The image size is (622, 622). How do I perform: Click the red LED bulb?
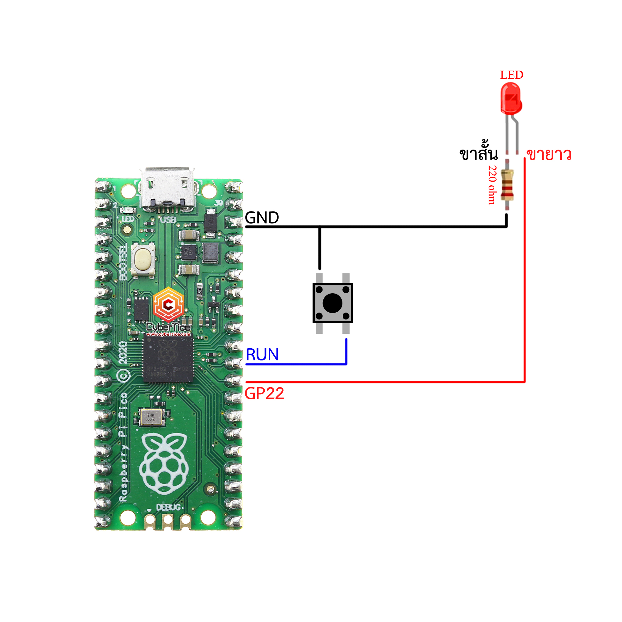coord(511,98)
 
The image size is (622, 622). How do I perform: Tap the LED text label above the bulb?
coord(512,75)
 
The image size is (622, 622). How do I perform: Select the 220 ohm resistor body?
coord(507,185)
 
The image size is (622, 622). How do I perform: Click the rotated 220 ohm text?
coord(492,185)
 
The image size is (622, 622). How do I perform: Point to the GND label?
coord(262,218)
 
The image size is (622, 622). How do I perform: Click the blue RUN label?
coord(262,355)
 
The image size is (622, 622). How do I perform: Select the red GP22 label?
coord(264,393)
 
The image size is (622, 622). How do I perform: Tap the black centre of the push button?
coord(332,303)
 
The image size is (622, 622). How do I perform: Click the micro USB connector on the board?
coord(167,188)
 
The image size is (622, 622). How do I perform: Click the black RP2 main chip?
coord(168,358)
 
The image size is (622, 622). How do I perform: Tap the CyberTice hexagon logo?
coord(168,304)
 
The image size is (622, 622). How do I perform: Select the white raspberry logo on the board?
coord(164,464)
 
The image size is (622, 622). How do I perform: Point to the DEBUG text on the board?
coord(168,507)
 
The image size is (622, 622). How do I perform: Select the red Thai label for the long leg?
coord(549,155)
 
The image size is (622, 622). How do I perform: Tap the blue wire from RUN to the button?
coord(296,364)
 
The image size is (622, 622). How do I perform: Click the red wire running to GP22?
coord(386,382)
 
